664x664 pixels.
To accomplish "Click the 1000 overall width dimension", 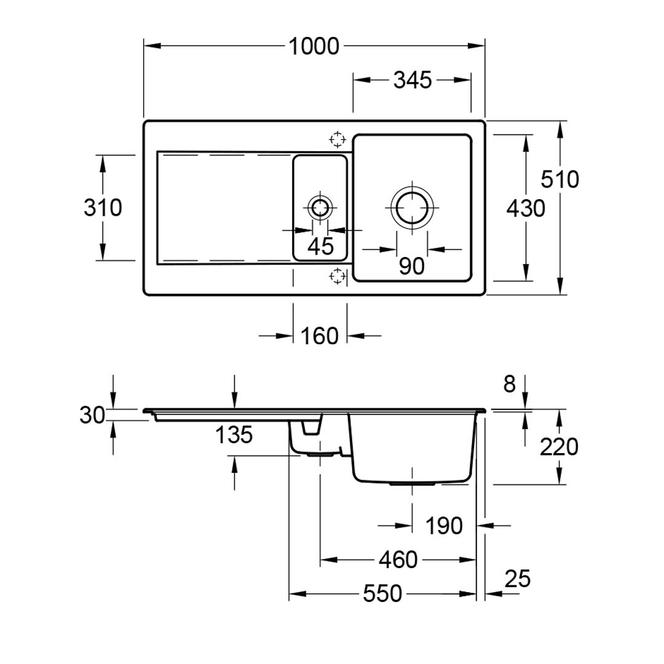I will pos(314,47).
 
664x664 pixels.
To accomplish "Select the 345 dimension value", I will pos(412,80).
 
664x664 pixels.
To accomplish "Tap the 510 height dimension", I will pos(560,180).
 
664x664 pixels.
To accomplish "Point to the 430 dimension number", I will pos(526,209).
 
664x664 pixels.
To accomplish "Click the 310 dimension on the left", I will pos(103,208).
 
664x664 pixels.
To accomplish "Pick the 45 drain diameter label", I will pos(320,247).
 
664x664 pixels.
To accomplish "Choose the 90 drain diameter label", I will pos(411,266).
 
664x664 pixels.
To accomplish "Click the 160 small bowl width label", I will pos(320,336).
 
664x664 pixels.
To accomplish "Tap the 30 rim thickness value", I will pos(92,415).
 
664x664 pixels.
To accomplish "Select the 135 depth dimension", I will pos(234,435).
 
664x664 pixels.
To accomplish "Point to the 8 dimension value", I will pos(509,384).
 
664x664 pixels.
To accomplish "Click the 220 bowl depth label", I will pos(559,447).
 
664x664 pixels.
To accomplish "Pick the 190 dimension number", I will pos(444,526).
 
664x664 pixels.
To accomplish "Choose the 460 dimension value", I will pos(398,559).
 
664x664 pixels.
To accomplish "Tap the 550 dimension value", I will pos(382,594).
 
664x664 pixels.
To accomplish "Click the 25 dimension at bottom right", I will pos(517,579).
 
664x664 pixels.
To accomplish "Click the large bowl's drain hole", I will pos(411,207).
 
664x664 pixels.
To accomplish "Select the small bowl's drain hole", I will pos(320,207).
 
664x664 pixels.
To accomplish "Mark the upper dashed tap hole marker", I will pos(337,140).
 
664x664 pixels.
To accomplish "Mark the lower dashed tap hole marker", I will pos(337,277).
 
